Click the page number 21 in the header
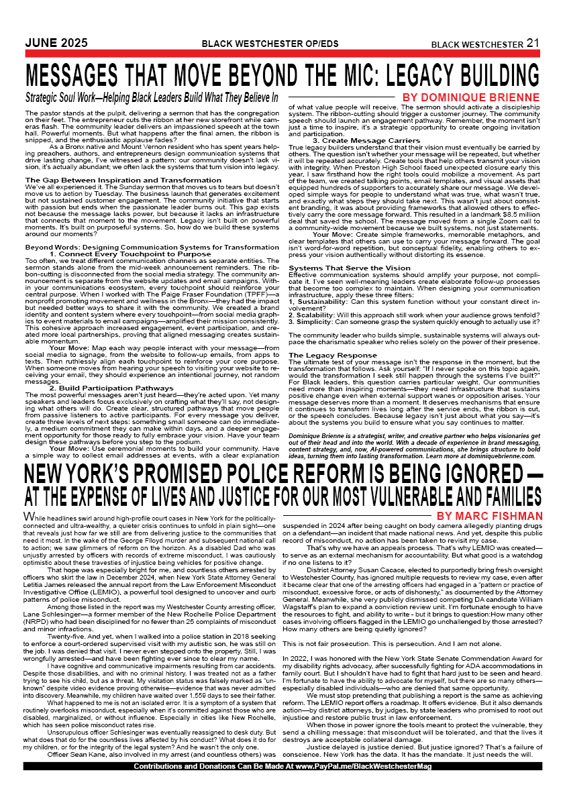pyautogui.click(x=533, y=43)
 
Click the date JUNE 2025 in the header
pyautogui.click(x=56, y=43)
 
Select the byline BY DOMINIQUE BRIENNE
pyautogui.click(x=470, y=97)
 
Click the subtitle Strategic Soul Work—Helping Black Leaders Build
pyautogui.click(x=152, y=97)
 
